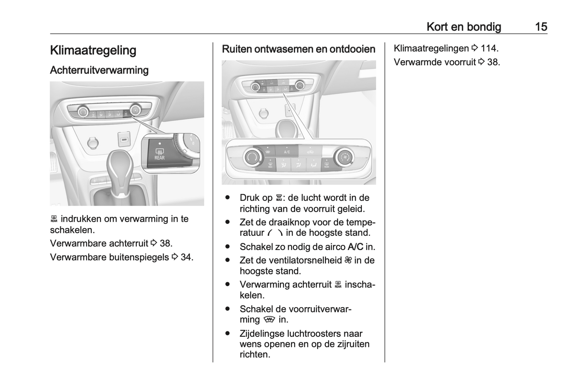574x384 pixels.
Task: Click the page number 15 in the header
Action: click(541, 27)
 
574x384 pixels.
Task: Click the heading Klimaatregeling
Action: click(93, 50)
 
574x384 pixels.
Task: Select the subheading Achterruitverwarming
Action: click(99, 70)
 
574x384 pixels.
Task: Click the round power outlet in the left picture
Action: click(93, 142)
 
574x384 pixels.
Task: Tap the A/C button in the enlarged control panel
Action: click(287, 152)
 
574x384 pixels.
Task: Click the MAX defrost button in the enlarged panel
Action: click(270, 164)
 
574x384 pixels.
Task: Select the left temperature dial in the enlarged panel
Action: click(251, 157)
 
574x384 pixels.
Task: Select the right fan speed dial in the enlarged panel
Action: click(344, 157)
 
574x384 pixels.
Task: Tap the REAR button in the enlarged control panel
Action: click(327, 165)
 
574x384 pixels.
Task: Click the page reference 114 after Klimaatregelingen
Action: click(488, 48)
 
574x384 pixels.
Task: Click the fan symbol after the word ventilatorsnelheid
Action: click(348, 260)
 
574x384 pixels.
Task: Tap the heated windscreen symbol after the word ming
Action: click(269, 320)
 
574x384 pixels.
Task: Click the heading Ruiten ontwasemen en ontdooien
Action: click(298, 49)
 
